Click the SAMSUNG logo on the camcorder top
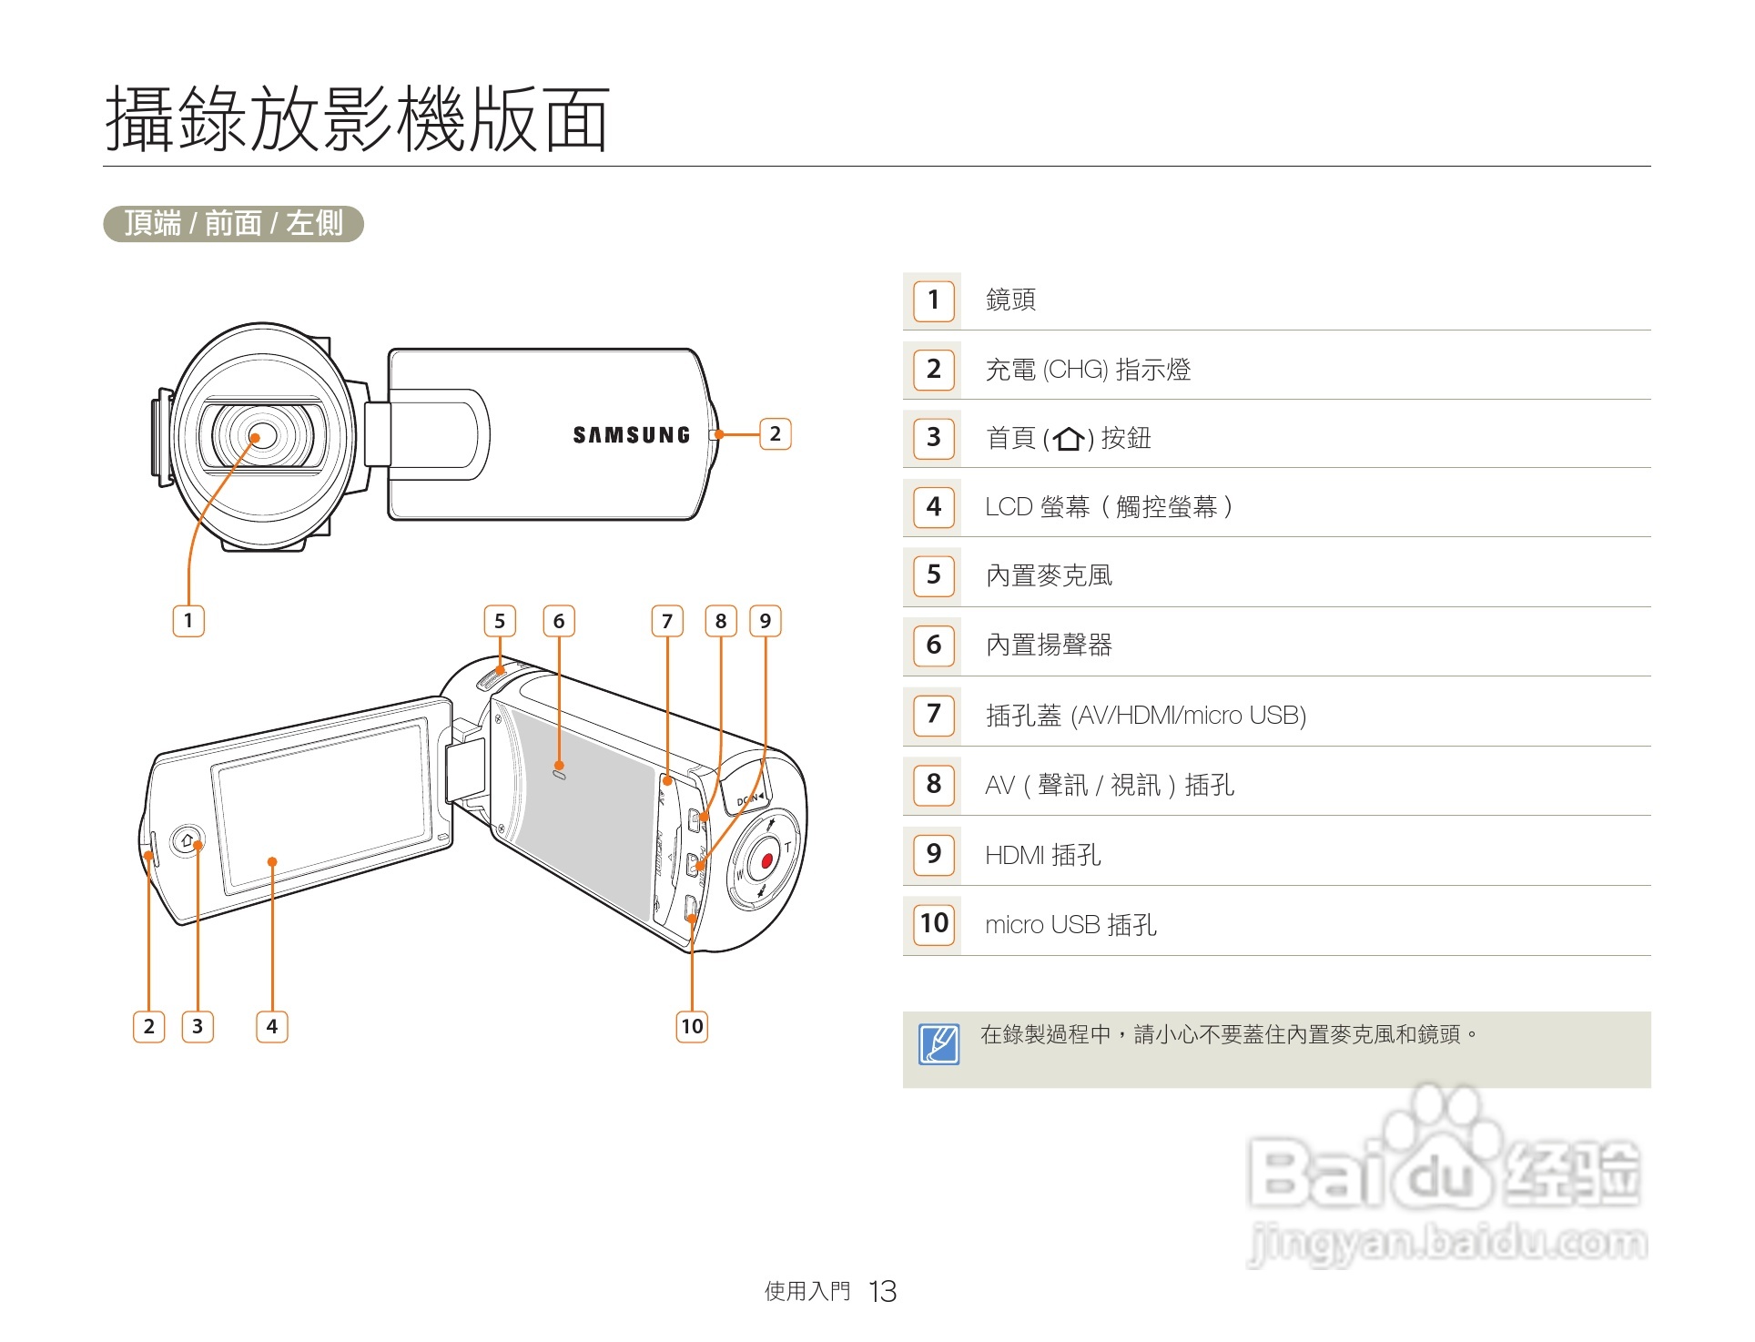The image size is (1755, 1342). coord(631,435)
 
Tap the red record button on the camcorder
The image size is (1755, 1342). coord(766,860)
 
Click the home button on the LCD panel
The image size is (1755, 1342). coord(188,840)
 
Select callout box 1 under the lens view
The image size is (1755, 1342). coord(188,621)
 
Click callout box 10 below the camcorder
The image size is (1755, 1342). coord(692,1026)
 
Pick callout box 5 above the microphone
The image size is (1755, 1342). coord(499,621)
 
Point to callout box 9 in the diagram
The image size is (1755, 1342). coord(765,621)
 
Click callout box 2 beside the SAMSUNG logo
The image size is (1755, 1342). coord(775,433)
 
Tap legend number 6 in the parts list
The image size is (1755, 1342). coord(934,645)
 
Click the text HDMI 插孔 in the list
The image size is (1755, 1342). coord(1043,855)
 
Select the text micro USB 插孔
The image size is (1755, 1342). coord(1070,925)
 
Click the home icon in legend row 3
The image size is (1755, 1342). coord(1069,439)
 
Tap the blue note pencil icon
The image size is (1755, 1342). coord(938,1044)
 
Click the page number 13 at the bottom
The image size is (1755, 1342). coord(882,1291)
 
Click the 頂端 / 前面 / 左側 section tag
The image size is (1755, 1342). coord(233,223)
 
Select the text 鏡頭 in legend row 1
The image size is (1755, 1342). coord(1010,300)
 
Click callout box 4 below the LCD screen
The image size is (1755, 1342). coord(271,1026)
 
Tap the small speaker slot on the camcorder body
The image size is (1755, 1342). coord(559,774)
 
